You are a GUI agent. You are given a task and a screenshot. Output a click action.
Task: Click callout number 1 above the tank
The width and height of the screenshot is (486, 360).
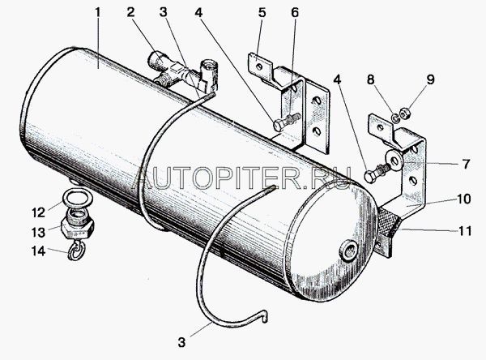[98, 12]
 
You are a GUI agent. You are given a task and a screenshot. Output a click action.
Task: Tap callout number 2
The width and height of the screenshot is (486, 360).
[130, 12]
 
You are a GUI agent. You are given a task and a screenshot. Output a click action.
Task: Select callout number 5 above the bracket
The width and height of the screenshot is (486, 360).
[262, 13]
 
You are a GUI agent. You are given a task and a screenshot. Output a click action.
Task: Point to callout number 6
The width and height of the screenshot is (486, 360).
[295, 13]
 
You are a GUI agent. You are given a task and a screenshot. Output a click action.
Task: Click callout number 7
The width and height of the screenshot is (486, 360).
[467, 164]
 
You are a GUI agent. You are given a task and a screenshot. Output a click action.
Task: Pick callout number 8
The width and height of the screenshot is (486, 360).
[371, 79]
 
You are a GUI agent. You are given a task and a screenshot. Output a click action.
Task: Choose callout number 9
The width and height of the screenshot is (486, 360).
[430, 79]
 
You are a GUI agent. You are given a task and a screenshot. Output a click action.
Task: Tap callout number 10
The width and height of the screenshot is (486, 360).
[463, 199]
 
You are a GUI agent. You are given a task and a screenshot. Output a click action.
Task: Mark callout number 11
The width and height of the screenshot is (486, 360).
[465, 231]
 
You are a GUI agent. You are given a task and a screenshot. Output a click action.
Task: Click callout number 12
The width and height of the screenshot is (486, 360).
[39, 212]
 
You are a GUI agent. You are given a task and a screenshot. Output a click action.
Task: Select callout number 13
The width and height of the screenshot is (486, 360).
[39, 232]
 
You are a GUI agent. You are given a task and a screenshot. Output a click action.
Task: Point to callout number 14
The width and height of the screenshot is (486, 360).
[39, 251]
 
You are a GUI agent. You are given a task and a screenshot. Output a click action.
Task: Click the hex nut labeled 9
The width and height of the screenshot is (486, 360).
[406, 114]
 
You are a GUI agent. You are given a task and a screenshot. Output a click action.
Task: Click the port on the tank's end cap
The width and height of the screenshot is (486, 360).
[348, 250]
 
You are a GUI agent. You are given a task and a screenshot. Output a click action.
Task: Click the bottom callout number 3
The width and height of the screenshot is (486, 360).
[182, 342]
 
